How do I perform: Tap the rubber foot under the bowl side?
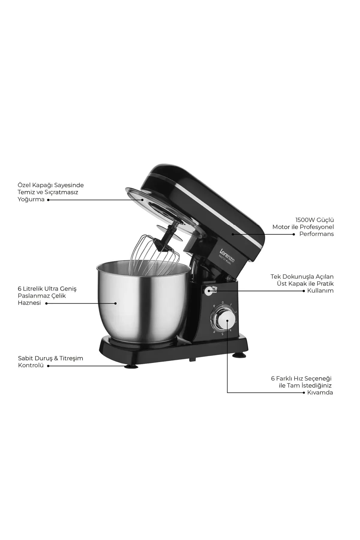[131, 366]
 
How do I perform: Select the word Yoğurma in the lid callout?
[31, 199]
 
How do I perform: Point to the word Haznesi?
[29, 303]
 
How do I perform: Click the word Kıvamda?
[320, 392]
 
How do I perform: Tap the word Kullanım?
[320, 290]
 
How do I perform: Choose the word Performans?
[316, 234]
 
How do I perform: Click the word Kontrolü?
[31, 365]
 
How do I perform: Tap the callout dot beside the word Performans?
[294, 234]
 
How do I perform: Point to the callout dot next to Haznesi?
[46, 303]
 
